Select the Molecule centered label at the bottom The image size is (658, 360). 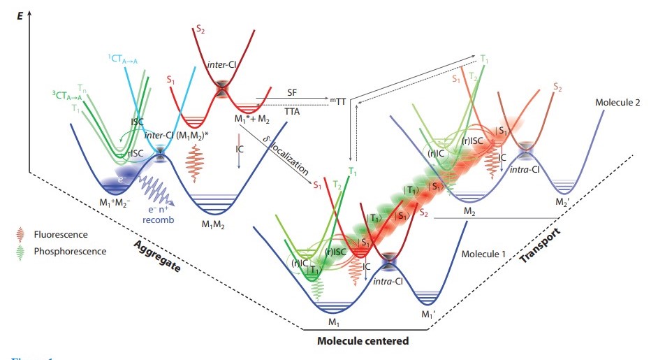pos(362,340)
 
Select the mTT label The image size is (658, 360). pos(338,102)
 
